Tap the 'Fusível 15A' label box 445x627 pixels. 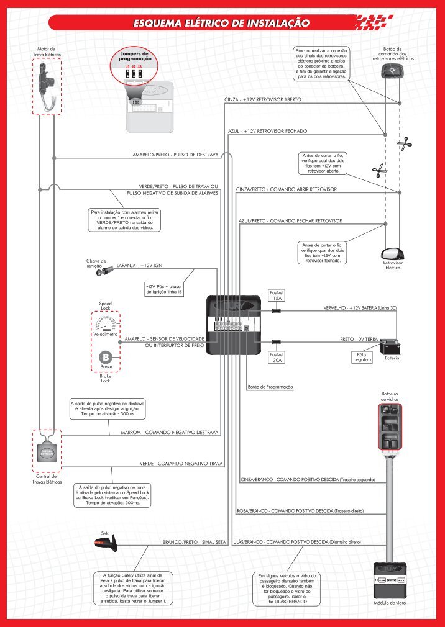pos(277,295)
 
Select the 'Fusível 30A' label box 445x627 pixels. pos(277,357)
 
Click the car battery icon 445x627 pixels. pos(390,345)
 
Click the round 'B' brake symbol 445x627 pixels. pos(106,358)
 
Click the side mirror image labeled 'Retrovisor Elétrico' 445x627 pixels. pos(392,253)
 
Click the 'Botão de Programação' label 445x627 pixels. pos(270,387)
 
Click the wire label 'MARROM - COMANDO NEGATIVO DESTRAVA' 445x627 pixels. pos(168,431)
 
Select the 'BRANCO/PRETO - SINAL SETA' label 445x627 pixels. pos(193,542)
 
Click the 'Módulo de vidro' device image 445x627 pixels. pos(389,580)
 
